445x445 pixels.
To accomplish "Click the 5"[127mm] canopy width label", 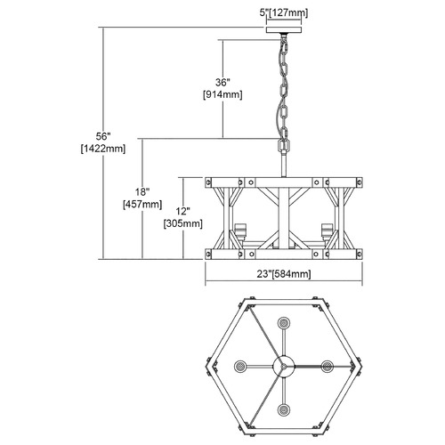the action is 284,12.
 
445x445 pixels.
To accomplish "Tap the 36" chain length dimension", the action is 222,82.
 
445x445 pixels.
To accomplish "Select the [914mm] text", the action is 222,94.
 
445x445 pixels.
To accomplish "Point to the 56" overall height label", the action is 103,136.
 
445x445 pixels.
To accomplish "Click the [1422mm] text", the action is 103,149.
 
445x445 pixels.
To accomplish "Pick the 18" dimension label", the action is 142,192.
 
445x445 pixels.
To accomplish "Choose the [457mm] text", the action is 142,205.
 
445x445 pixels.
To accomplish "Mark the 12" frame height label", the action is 183,211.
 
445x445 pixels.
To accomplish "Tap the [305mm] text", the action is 183,223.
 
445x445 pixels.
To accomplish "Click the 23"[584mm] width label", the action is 284,274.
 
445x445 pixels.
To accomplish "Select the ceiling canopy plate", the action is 284,30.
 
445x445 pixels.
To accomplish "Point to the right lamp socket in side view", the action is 327,231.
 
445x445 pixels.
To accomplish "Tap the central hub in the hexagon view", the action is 284,367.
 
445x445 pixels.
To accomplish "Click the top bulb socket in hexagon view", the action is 284,323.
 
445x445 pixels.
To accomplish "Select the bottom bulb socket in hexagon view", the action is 284,410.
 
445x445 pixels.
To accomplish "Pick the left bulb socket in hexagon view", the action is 240,367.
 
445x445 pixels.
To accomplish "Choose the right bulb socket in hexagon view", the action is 328,367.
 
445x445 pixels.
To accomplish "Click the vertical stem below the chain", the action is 284,164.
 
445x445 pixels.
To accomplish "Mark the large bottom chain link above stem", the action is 284,145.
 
